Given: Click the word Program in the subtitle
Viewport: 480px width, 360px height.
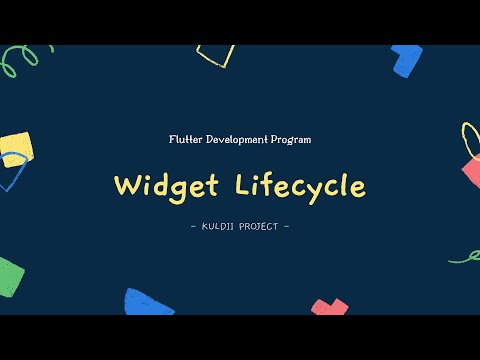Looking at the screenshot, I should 290,140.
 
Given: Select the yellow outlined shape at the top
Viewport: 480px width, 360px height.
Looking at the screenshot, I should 215,55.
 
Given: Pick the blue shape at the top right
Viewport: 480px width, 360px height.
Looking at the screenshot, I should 407,60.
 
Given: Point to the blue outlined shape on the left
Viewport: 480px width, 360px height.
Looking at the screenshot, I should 11,175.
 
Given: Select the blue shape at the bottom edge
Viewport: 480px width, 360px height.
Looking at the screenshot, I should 148,302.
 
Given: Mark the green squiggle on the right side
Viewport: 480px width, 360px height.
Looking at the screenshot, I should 465,257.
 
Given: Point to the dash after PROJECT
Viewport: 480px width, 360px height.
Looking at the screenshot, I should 287,225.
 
